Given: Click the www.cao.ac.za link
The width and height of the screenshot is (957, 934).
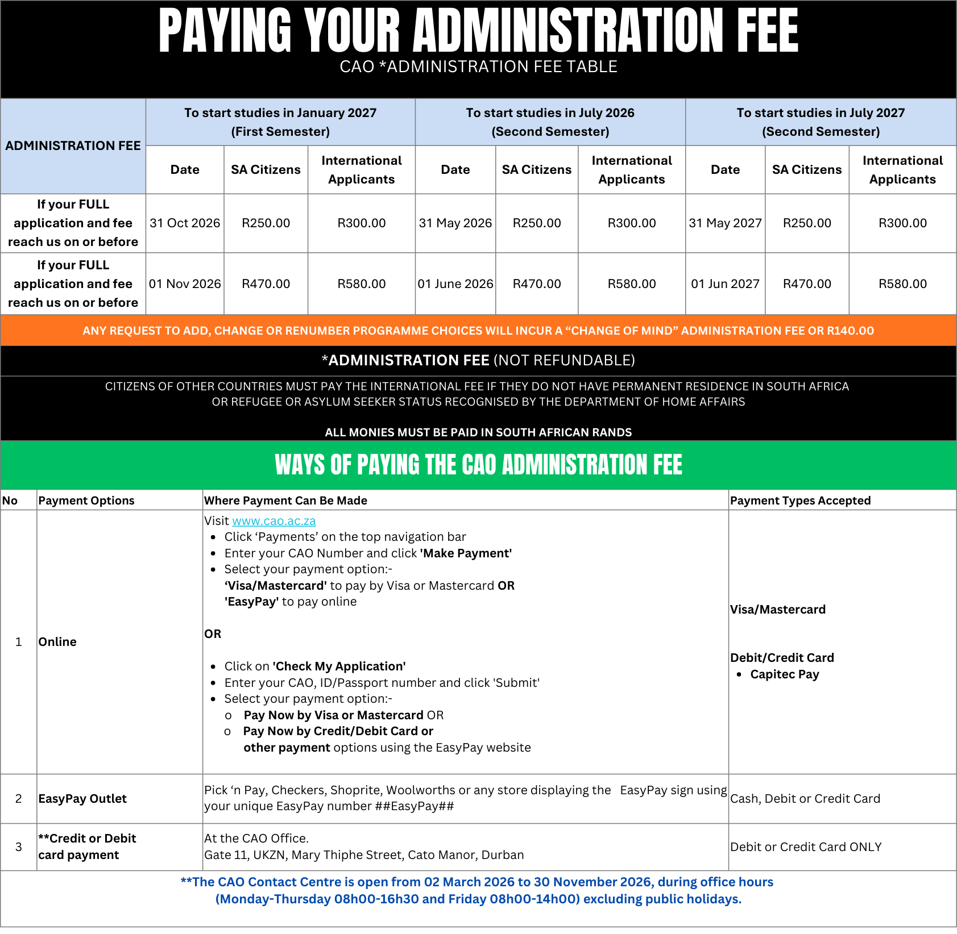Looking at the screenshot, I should click(x=274, y=521).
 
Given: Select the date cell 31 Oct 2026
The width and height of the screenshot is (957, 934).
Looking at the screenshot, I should click(x=185, y=223).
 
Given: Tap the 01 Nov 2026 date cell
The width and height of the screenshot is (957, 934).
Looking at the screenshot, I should click(x=185, y=284).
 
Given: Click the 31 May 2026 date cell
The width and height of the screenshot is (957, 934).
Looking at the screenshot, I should click(x=455, y=223).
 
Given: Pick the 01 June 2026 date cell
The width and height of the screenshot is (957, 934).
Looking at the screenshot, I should click(x=455, y=284).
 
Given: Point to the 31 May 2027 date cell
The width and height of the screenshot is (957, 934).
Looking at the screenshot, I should click(x=725, y=223).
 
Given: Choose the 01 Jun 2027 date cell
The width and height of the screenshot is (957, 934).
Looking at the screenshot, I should click(x=725, y=284).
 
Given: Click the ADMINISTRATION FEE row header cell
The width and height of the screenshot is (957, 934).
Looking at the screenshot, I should click(x=73, y=146).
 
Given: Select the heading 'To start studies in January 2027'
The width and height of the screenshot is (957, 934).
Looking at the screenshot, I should click(x=280, y=113).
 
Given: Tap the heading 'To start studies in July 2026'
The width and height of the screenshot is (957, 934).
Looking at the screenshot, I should click(x=550, y=113).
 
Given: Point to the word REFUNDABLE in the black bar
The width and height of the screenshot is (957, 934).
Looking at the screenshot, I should click(x=582, y=360).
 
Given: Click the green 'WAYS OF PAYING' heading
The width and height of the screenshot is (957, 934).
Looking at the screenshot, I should click(x=478, y=465).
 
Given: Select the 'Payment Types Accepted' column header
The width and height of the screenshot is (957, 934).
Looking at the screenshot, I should click(x=800, y=501).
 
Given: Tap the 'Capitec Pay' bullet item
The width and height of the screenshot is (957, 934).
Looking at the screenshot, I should click(x=784, y=674).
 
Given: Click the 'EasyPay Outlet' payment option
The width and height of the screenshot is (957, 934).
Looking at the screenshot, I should click(x=82, y=799).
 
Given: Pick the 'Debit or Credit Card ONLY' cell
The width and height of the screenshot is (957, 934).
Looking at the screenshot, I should click(x=806, y=847).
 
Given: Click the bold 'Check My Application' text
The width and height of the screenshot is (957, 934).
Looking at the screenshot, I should click(x=339, y=666).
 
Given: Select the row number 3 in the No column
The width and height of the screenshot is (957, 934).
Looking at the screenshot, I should click(x=19, y=847).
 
